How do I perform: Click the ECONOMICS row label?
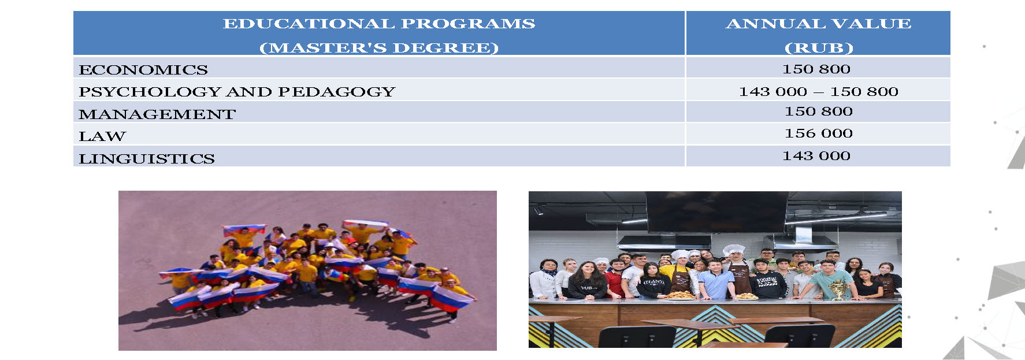[x=143, y=70]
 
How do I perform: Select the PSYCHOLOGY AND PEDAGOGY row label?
[x=237, y=92]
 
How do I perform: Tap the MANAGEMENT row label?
[x=157, y=114]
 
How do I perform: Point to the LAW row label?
[x=102, y=136]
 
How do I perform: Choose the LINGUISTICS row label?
[x=147, y=159]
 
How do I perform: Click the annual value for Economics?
[x=816, y=69]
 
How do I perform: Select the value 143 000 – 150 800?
[x=819, y=92]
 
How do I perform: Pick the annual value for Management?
[x=819, y=112]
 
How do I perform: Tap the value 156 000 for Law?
[x=819, y=133]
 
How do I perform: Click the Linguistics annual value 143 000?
[x=816, y=156]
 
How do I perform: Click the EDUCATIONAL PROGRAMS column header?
[x=379, y=24]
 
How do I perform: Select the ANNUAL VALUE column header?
[x=819, y=24]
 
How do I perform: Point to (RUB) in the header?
[x=819, y=48]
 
